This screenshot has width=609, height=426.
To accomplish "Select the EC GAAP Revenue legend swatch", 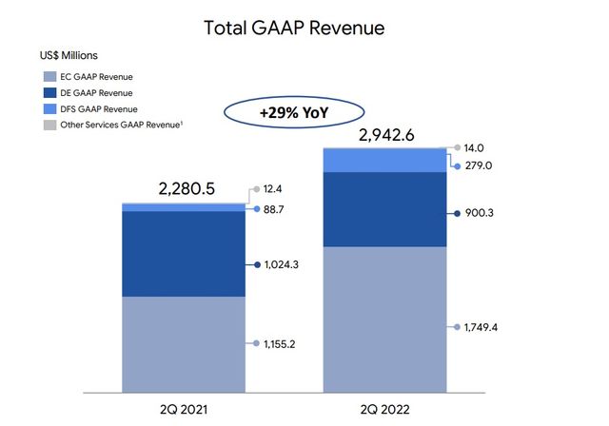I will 49,75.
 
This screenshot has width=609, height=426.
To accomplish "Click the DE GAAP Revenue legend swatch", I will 49,92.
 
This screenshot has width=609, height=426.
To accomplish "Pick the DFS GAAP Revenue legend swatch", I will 49,109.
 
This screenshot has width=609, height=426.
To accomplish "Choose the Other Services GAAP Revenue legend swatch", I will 49,126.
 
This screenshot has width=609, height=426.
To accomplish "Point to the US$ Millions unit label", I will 69,56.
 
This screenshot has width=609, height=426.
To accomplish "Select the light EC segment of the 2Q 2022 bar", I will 384,319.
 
